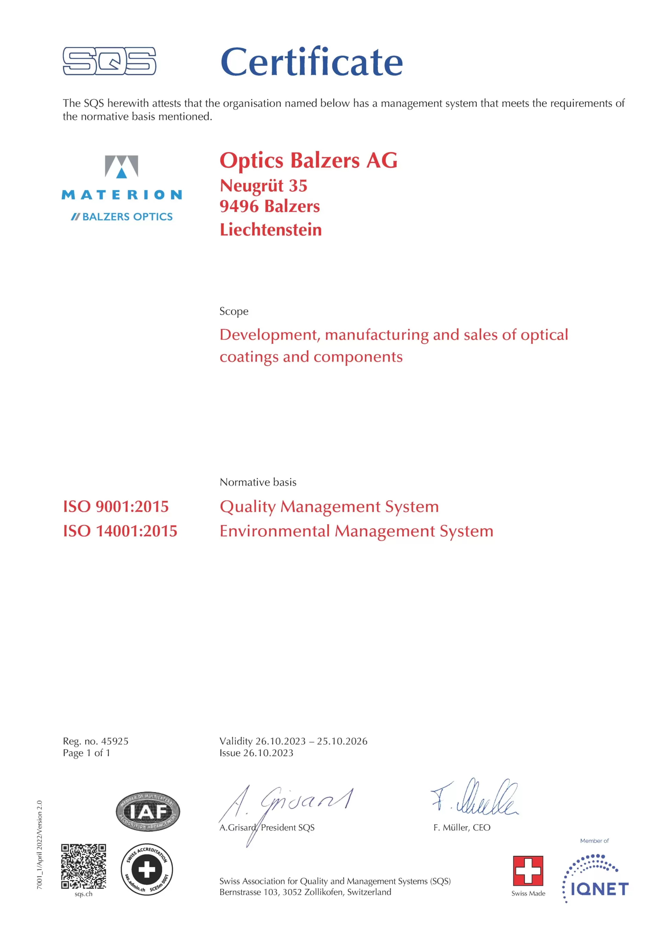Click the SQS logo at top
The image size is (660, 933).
click(x=109, y=61)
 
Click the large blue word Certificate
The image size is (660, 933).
click(x=311, y=62)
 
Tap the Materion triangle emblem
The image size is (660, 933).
click(x=121, y=167)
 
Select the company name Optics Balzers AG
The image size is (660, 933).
click(x=308, y=160)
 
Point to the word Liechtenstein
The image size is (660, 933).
click(x=271, y=230)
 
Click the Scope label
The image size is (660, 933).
click(x=234, y=311)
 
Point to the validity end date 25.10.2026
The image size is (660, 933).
click(x=342, y=741)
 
